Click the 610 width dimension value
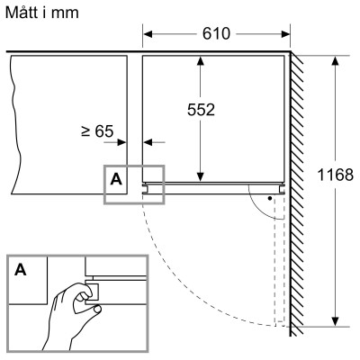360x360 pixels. coord(215,34)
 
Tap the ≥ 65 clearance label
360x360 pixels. coord(96,131)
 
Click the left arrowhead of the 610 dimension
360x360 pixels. coord(150,34)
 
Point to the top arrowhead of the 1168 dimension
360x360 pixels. coord(336,60)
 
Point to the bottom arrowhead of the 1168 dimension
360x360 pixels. coord(336,319)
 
